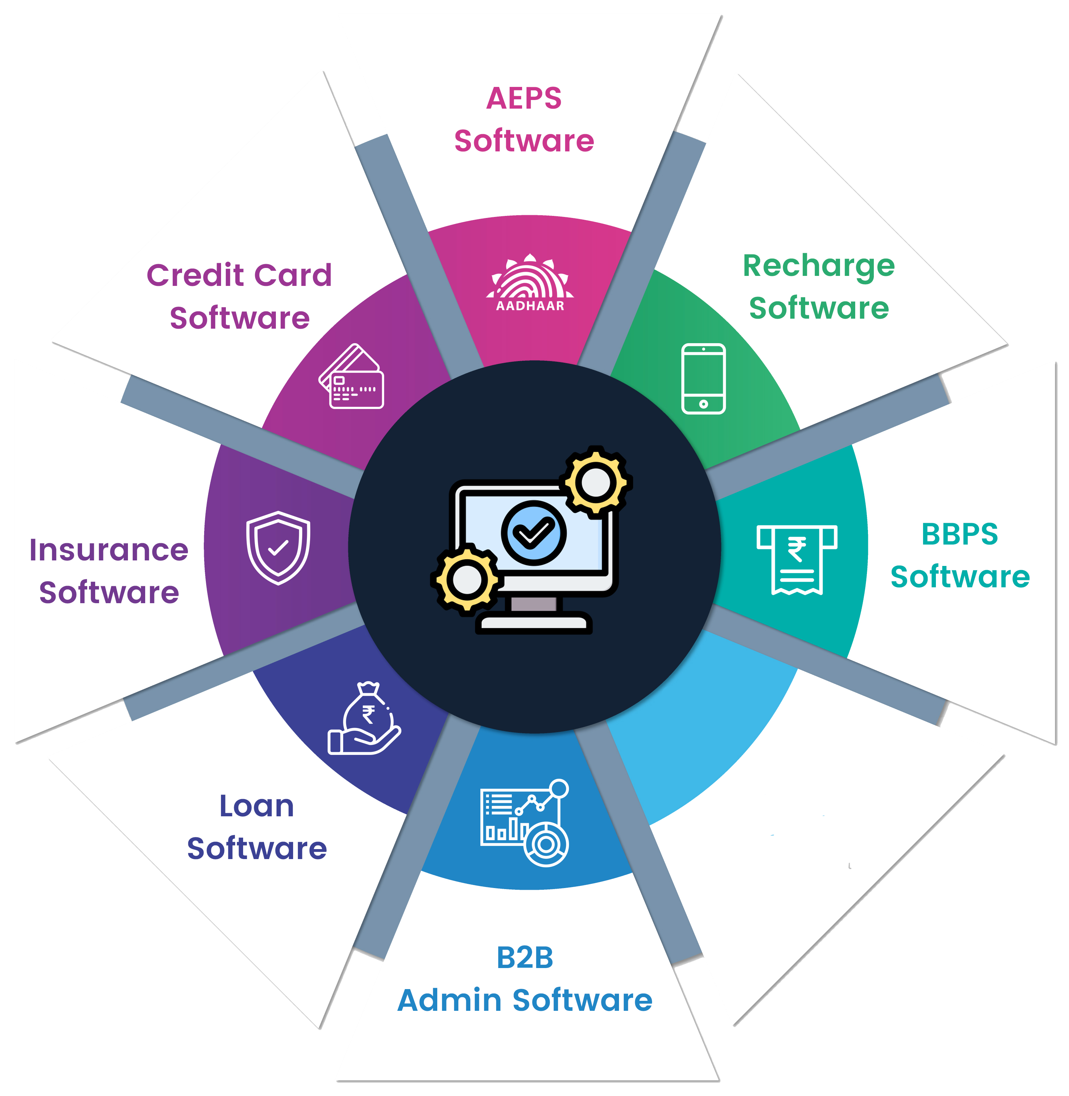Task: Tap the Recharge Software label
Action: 819,286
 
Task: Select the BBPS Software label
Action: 960,555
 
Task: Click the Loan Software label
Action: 257,827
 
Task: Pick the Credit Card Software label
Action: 239,297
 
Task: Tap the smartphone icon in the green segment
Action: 703,379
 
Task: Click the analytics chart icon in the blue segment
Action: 525,823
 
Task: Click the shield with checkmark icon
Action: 278,548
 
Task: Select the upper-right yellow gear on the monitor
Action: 596,482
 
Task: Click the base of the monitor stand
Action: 534,623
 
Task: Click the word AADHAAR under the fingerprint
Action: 530,306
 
